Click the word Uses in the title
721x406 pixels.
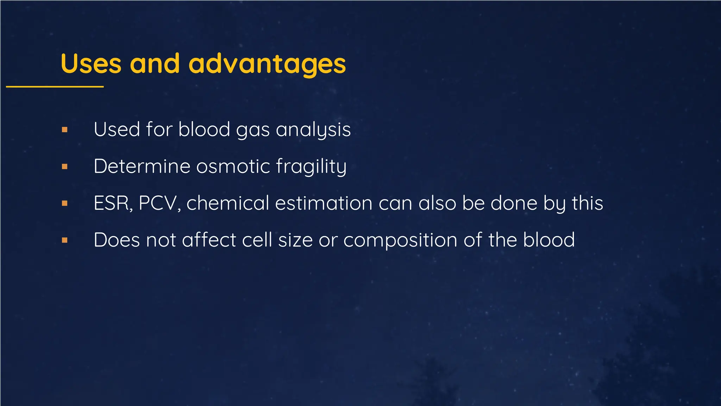[91, 64]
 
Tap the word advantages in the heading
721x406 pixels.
[267, 64]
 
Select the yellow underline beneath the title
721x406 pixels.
[55, 86]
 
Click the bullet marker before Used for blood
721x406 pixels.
[64, 130]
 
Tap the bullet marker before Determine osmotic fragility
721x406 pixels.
[64, 167]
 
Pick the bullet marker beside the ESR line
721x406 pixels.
[64, 203]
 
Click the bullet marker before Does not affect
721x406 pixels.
[64, 240]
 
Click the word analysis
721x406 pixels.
[313, 130]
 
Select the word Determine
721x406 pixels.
[142, 166]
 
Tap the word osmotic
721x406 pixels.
[233, 166]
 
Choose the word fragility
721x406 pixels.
[311, 166]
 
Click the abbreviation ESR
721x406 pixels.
[113, 203]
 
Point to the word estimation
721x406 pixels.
[324, 203]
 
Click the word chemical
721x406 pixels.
[227, 203]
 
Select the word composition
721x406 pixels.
[400, 240]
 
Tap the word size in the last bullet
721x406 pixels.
[295, 240]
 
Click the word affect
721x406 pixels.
[209, 240]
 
